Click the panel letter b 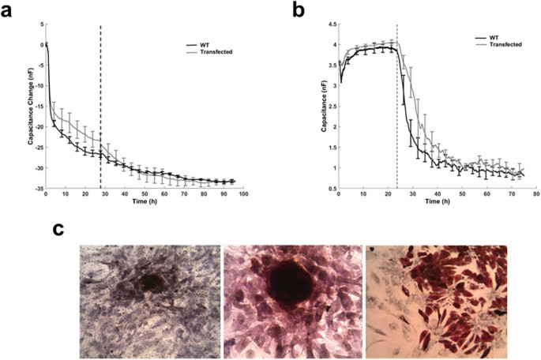pos(299,9)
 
